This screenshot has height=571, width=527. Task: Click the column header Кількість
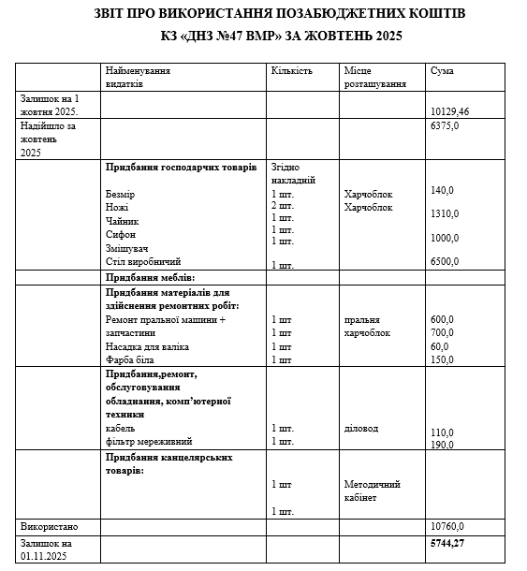coord(291,71)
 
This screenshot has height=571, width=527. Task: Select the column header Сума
coord(442,71)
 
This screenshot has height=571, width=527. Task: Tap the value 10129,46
coord(449,110)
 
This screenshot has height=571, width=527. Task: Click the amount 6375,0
coord(444,125)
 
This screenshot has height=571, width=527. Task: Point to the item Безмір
coord(121,194)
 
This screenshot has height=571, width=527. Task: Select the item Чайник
coord(123,221)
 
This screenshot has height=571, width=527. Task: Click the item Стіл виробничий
coord(144,262)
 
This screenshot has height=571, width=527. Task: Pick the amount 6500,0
coord(446,262)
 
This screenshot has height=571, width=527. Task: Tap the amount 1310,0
coord(444,213)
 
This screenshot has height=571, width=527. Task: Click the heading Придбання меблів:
coord(151,278)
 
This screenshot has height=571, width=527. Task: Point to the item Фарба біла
coord(131,359)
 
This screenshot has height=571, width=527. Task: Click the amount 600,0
coord(441,319)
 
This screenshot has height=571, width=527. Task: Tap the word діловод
coord(362,429)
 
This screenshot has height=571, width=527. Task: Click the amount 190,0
coord(441,445)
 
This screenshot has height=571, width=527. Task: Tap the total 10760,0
coord(446,525)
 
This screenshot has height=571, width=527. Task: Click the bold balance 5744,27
coord(447,542)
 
